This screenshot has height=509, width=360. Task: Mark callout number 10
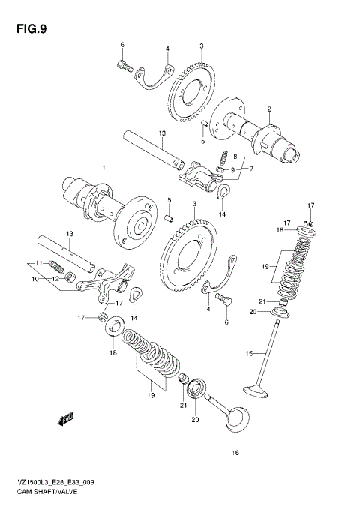(x=34, y=279)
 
